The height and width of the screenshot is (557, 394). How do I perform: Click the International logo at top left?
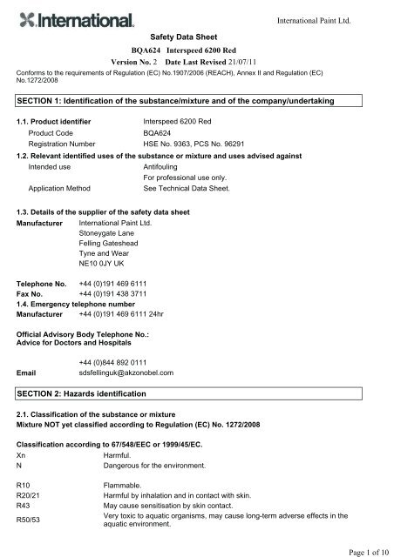(x=75, y=19)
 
